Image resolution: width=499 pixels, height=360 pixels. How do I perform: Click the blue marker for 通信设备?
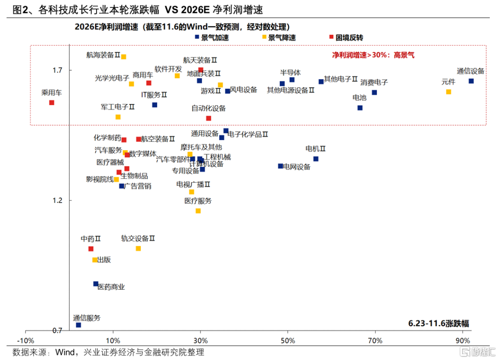tap(471, 81)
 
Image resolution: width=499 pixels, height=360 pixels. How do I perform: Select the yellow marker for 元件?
tap(448, 92)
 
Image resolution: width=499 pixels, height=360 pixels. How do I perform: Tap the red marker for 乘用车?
tap(52, 103)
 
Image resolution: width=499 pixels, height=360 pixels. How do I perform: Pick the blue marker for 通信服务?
tap(79, 325)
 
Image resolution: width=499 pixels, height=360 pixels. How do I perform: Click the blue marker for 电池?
tap(360, 108)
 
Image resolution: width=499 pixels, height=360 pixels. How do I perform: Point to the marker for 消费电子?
tap(374, 92)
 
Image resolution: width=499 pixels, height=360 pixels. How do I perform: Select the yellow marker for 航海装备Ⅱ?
tap(123, 57)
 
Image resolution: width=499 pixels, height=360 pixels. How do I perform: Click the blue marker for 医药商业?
tap(96, 284)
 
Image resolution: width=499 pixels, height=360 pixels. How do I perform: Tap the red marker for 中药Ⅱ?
tap(91, 249)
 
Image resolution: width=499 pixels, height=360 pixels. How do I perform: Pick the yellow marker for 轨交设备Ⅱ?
tap(138, 248)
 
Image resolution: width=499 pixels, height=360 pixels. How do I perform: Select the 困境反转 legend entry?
tap(346, 38)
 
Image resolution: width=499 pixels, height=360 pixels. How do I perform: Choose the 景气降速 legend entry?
tap(279, 38)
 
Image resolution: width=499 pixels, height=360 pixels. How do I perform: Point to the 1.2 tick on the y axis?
tap(58, 201)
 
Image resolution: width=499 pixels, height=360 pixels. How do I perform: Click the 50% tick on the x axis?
tap(288, 341)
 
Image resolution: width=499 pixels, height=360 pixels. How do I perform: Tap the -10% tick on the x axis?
tap(25, 341)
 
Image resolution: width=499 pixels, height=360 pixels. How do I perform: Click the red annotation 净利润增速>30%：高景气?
tap(373, 55)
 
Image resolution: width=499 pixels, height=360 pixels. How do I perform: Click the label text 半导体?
tap(291, 73)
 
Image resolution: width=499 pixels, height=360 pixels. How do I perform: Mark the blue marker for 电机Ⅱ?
tap(316, 159)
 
